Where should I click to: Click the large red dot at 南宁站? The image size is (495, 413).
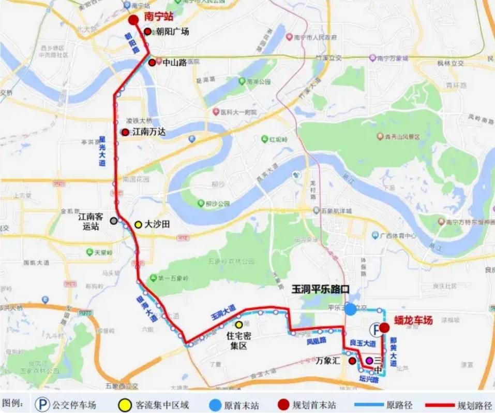(133, 20)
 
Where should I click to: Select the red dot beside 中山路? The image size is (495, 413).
(152, 63)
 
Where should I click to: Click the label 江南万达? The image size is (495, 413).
(149, 132)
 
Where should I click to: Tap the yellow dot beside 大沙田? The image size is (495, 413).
(138, 225)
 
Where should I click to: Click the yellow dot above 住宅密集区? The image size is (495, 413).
(239, 324)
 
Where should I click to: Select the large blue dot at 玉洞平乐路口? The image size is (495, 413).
(351, 309)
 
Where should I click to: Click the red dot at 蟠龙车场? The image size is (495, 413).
(384, 327)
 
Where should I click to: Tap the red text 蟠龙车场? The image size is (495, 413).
(413, 320)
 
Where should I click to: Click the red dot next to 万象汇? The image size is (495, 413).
(352, 361)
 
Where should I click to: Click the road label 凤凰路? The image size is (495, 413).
(317, 342)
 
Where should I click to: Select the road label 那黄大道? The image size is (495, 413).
(394, 352)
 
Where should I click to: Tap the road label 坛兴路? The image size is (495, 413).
(369, 380)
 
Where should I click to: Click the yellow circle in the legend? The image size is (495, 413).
(124, 404)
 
